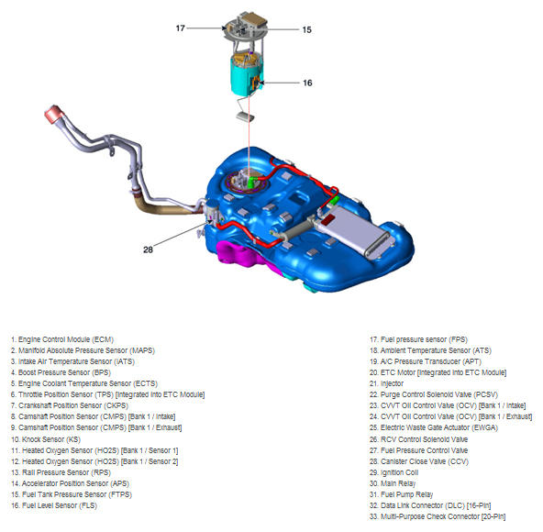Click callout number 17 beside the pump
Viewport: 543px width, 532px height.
point(180,28)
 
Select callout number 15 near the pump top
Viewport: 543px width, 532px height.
point(307,29)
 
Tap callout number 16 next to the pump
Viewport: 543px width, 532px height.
point(307,83)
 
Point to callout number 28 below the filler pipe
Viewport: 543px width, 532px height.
point(148,249)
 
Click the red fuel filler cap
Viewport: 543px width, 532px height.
point(53,114)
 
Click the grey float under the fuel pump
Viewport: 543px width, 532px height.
point(245,116)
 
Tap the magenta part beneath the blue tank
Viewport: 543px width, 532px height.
point(242,255)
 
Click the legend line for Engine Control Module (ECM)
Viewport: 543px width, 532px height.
point(62,339)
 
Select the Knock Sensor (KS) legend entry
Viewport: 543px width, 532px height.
point(46,439)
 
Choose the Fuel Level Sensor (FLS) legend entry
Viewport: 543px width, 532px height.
point(54,505)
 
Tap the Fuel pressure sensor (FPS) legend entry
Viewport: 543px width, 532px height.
point(418,339)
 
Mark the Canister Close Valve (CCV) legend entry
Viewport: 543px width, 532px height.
point(419,461)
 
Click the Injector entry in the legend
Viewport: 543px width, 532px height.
point(386,383)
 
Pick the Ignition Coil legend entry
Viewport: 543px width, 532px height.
point(394,472)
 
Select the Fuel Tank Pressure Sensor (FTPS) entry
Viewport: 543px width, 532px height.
point(72,494)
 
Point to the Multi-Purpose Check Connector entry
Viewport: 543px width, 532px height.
point(438,516)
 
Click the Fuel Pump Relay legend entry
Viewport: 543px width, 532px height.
point(402,494)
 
